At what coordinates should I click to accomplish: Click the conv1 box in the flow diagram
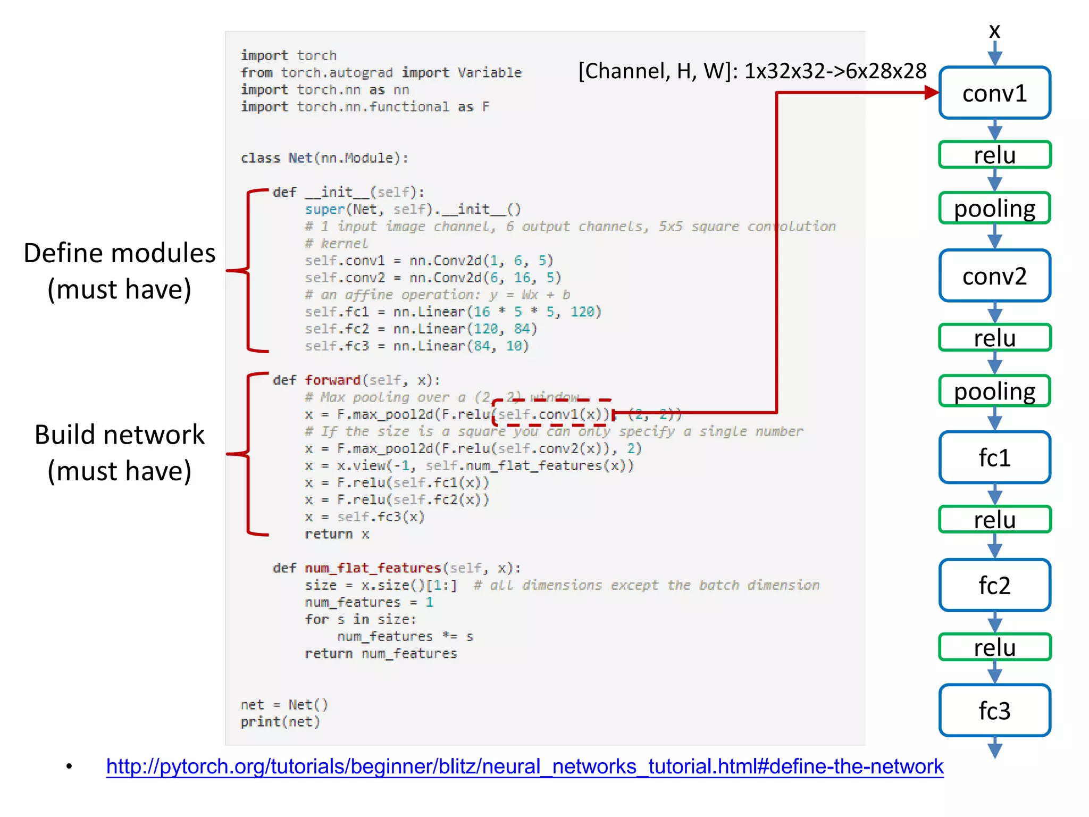[x=994, y=93]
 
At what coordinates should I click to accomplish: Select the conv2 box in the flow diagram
[x=994, y=276]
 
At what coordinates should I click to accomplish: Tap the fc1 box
[x=994, y=457]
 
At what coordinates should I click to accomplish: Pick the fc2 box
[x=994, y=585]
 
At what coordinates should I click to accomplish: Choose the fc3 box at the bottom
[x=994, y=711]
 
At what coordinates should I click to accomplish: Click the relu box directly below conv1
[x=994, y=155]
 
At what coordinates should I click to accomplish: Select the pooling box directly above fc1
[x=994, y=391]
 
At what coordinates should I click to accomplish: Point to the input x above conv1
[x=994, y=31]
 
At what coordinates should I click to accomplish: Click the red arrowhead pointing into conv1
[x=931, y=93]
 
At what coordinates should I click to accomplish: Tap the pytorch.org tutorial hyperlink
[x=524, y=766]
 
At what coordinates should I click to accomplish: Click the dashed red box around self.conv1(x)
[x=552, y=413]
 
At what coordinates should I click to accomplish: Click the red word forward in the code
[x=332, y=380]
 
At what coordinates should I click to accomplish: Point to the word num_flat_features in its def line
[x=372, y=568]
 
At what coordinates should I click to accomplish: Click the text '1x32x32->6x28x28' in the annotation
[x=835, y=71]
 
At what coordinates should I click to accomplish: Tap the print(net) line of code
[x=280, y=722]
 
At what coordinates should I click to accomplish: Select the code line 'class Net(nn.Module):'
[x=324, y=158]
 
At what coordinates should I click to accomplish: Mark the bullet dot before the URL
[x=69, y=766]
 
